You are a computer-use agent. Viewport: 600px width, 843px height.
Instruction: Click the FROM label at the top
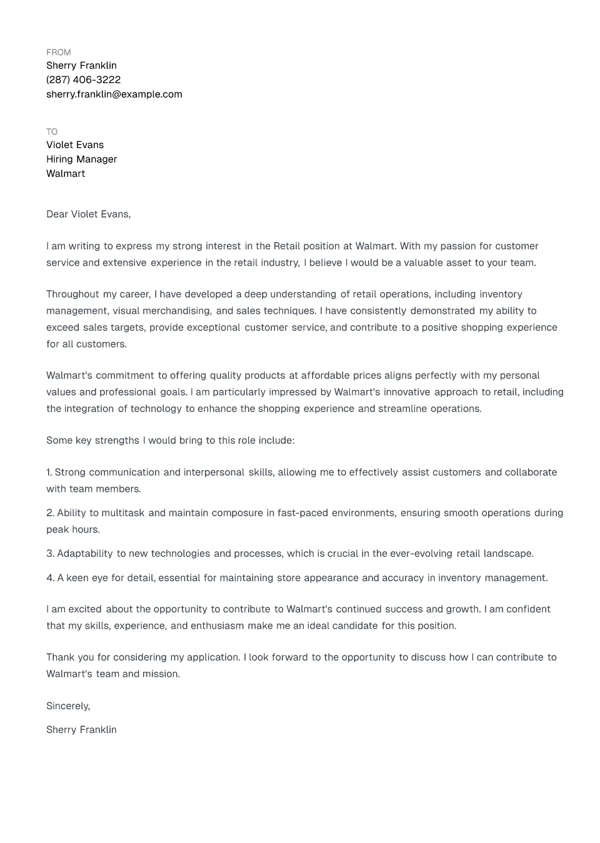58,52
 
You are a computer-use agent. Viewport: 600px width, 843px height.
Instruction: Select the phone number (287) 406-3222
83,80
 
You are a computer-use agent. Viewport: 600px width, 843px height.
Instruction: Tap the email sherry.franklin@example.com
114,94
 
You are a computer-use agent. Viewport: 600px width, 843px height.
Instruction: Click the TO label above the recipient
52,132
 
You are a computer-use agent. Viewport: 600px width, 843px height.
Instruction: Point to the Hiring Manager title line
81,159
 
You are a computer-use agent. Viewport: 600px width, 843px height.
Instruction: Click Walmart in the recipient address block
66,174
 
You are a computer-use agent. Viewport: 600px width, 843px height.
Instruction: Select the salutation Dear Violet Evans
88,214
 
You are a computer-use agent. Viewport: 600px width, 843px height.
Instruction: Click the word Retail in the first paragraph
287,246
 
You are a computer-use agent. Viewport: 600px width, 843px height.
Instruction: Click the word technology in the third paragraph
156,409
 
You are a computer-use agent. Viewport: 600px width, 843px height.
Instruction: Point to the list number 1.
49,472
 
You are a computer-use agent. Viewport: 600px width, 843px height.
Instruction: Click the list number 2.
50,513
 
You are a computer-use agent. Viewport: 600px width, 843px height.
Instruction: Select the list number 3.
50,554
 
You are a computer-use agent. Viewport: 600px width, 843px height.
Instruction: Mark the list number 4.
50,578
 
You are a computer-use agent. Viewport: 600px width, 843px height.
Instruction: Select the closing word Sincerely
67,706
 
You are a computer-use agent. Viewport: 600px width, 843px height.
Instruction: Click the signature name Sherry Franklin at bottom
81,730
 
